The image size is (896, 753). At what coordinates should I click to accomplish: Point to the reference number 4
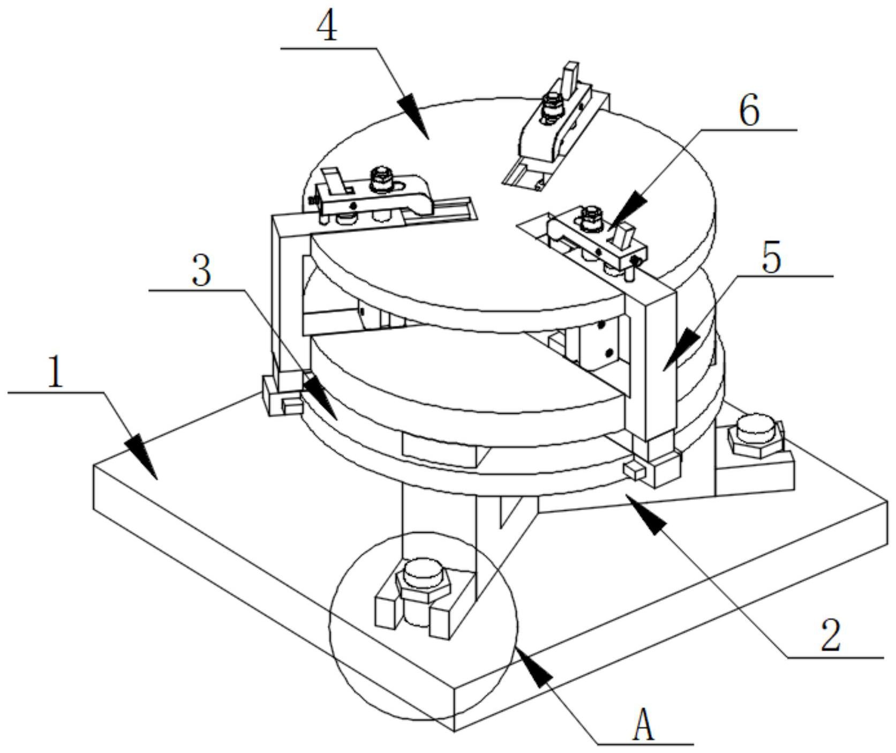click(327, 27)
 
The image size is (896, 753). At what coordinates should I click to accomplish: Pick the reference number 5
click(772, 258)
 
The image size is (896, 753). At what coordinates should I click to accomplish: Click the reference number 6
click(749, 112)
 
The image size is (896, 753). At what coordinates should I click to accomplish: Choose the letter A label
click(643, 727)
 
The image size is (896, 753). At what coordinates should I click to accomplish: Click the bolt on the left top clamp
click(381, 179)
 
